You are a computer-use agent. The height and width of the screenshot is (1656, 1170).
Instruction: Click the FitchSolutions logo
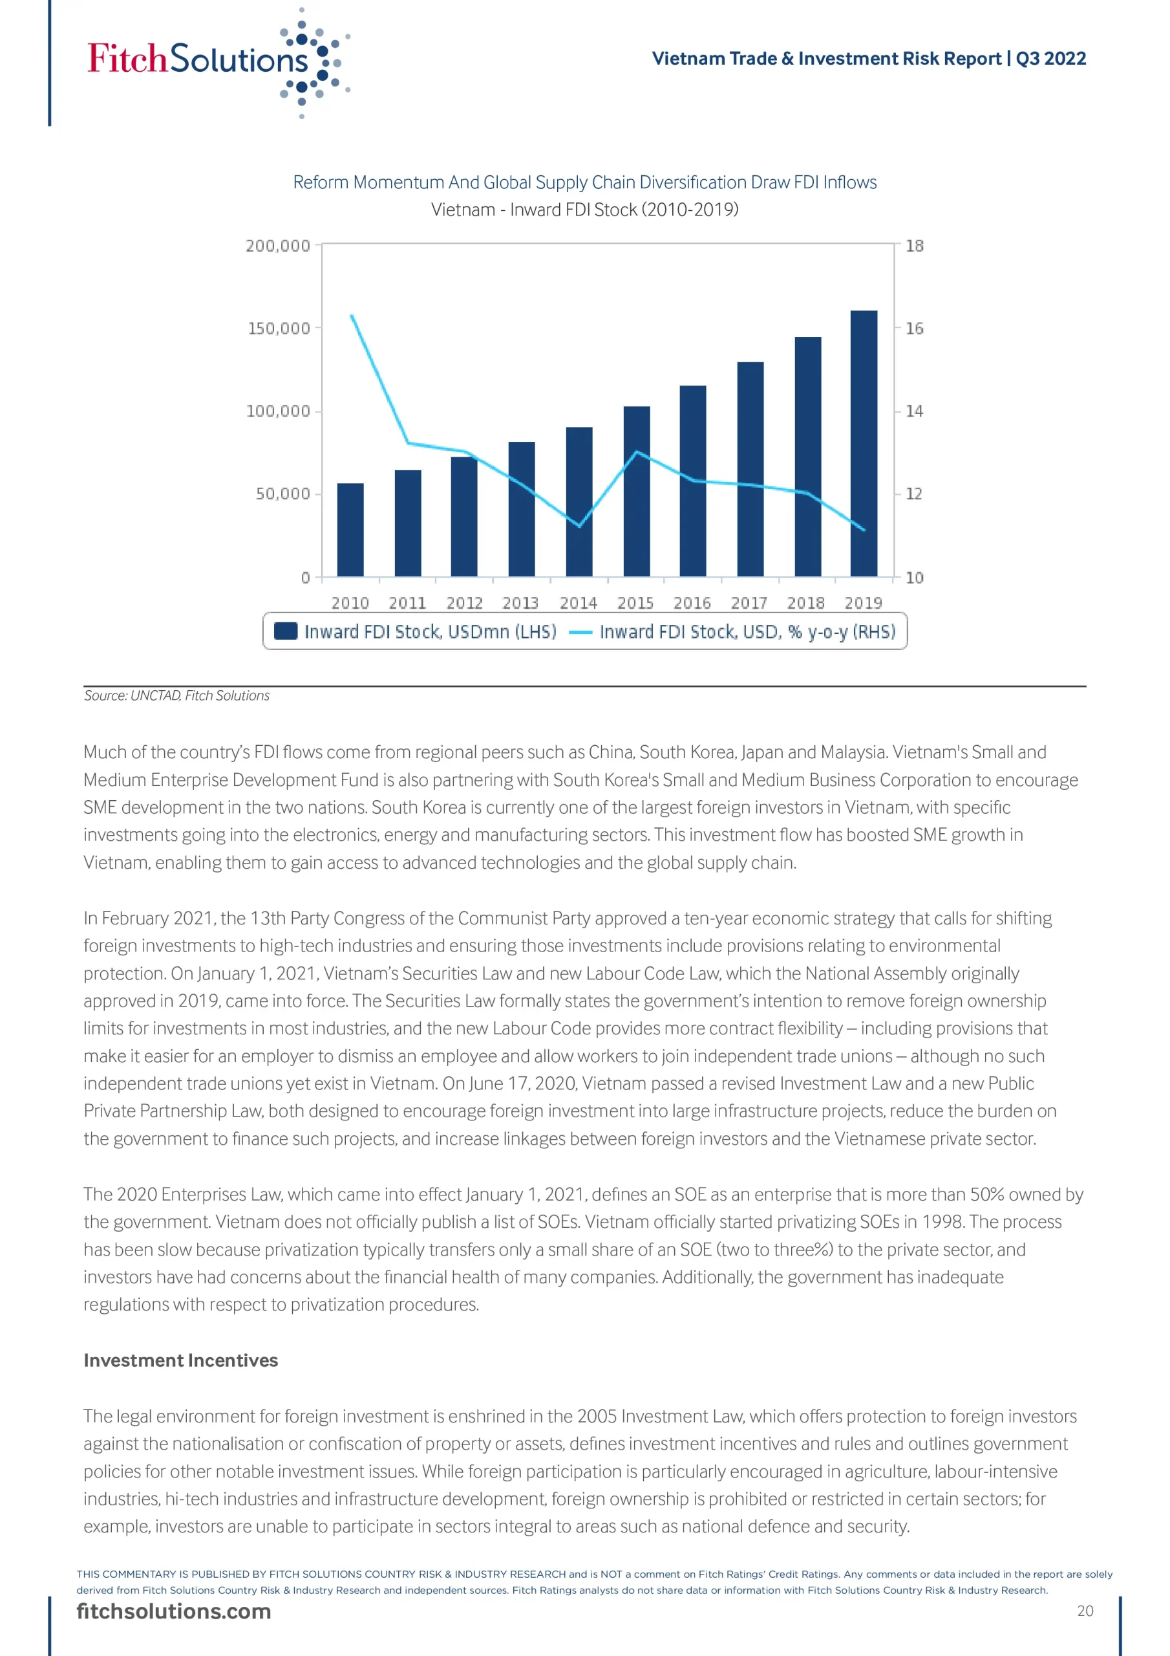(x=217, y=61)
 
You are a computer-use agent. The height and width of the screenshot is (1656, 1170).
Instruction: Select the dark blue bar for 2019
(x=864, y=443)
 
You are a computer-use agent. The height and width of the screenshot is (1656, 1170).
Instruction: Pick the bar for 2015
(x=637, y=491)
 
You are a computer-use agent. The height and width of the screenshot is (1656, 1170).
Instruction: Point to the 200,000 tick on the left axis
(x=277, y=246)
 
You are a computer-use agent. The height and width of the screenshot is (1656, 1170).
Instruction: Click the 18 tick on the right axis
(x=914, y=246)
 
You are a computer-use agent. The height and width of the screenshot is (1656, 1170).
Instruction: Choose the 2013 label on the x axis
(x=520, y=603)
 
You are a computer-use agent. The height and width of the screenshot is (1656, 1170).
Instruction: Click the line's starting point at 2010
(x=351, y=315)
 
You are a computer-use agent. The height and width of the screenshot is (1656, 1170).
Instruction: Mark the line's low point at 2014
(x=580, y=526)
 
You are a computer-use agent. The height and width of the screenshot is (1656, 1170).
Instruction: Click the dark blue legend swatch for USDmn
(x=286, y=631)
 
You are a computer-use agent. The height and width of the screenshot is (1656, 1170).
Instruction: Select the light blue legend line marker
(x=580, y=633)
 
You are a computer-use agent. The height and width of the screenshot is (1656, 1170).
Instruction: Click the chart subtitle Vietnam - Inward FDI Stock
(x=584, y=210)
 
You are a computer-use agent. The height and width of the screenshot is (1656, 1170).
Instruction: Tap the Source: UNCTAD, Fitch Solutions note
(x=176, y=695)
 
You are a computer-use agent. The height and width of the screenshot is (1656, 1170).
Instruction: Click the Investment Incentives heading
(x=180, y=1360)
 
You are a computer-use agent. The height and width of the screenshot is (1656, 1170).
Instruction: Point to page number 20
(x=1085, y=1611)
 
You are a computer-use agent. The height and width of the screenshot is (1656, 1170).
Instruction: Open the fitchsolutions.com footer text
(x=174, y=1611)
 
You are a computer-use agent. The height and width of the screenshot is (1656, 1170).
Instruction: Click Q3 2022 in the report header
(x=1050, y=58)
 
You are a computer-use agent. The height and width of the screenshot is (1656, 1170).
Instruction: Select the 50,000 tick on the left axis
(x=282, y=494)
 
